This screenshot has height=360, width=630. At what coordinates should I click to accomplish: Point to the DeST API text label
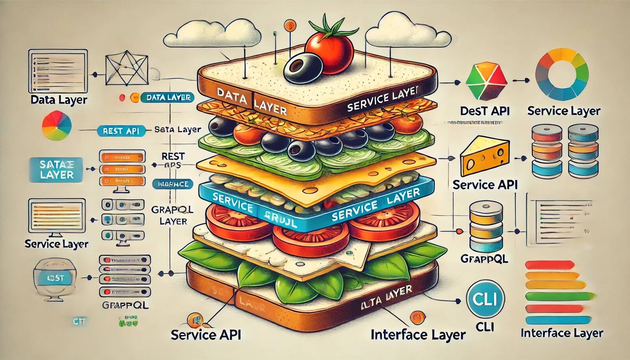[x=485, y=111]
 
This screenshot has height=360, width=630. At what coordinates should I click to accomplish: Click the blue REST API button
[x=120, y=131]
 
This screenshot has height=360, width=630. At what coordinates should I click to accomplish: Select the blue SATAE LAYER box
[x=56, y=170]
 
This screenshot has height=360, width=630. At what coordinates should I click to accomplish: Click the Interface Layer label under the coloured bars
[x=562, y=333]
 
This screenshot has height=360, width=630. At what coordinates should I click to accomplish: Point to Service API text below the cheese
[x=485, y=185]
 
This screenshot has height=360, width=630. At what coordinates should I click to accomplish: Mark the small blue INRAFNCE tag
[x=173, y=184]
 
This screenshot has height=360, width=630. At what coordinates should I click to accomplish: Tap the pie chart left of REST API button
[x=57, y=126]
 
